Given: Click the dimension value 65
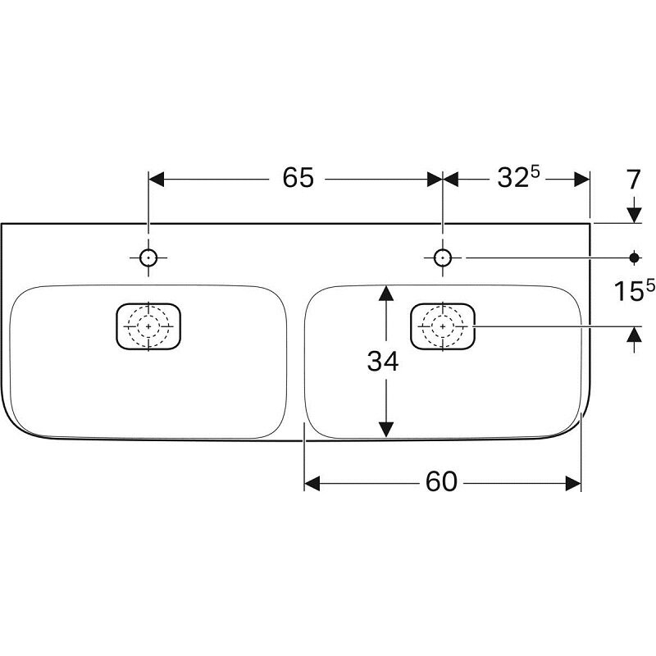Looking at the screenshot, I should coord(298,178).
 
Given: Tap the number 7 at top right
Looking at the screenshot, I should coord(633,180).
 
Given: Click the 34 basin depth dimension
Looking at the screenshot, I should coord(382,360).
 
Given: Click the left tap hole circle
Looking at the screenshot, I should coord(148,257).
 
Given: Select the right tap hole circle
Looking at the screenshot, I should coord(443,257).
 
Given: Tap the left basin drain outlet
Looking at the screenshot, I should coord(148,326).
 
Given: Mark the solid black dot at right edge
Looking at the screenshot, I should coord(633,257).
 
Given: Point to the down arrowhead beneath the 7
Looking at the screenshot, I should coord(633,214).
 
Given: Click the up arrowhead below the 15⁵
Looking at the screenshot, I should coord(633,335).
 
